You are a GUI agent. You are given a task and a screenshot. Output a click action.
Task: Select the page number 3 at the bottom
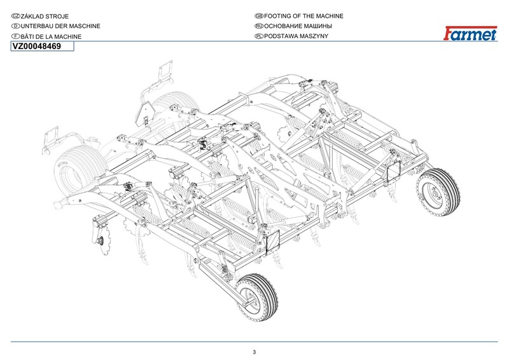(254, 352)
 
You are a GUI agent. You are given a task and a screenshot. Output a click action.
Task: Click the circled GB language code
(258, 15)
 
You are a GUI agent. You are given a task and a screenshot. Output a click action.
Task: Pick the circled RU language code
(258, 26)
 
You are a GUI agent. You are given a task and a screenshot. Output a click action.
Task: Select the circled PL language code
(258, 37)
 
